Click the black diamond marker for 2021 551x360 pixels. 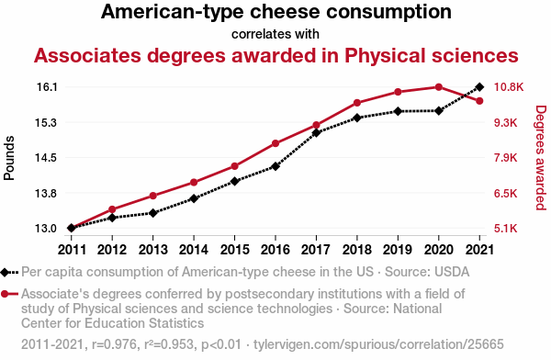coord(478,87)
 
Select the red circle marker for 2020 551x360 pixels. coord(438,87)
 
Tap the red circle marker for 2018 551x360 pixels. coord(356,103)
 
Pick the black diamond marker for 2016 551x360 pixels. coord(275,166)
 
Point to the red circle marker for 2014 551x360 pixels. coord(194,183)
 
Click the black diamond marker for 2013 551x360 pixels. coord(152,213)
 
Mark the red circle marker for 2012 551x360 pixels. coord(112,209)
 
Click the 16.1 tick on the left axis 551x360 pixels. coord(47,87)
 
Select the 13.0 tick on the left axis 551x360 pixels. coord(47,228)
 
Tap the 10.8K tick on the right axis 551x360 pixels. coord(508,87)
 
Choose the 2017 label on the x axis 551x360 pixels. coord(316,249)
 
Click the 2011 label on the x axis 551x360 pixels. coord(72,249)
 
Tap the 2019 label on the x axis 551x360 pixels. coord(397,249)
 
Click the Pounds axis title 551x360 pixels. coord(11,158)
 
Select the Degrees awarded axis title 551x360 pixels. coord(540,158)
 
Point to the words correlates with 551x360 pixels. coord(275,34)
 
